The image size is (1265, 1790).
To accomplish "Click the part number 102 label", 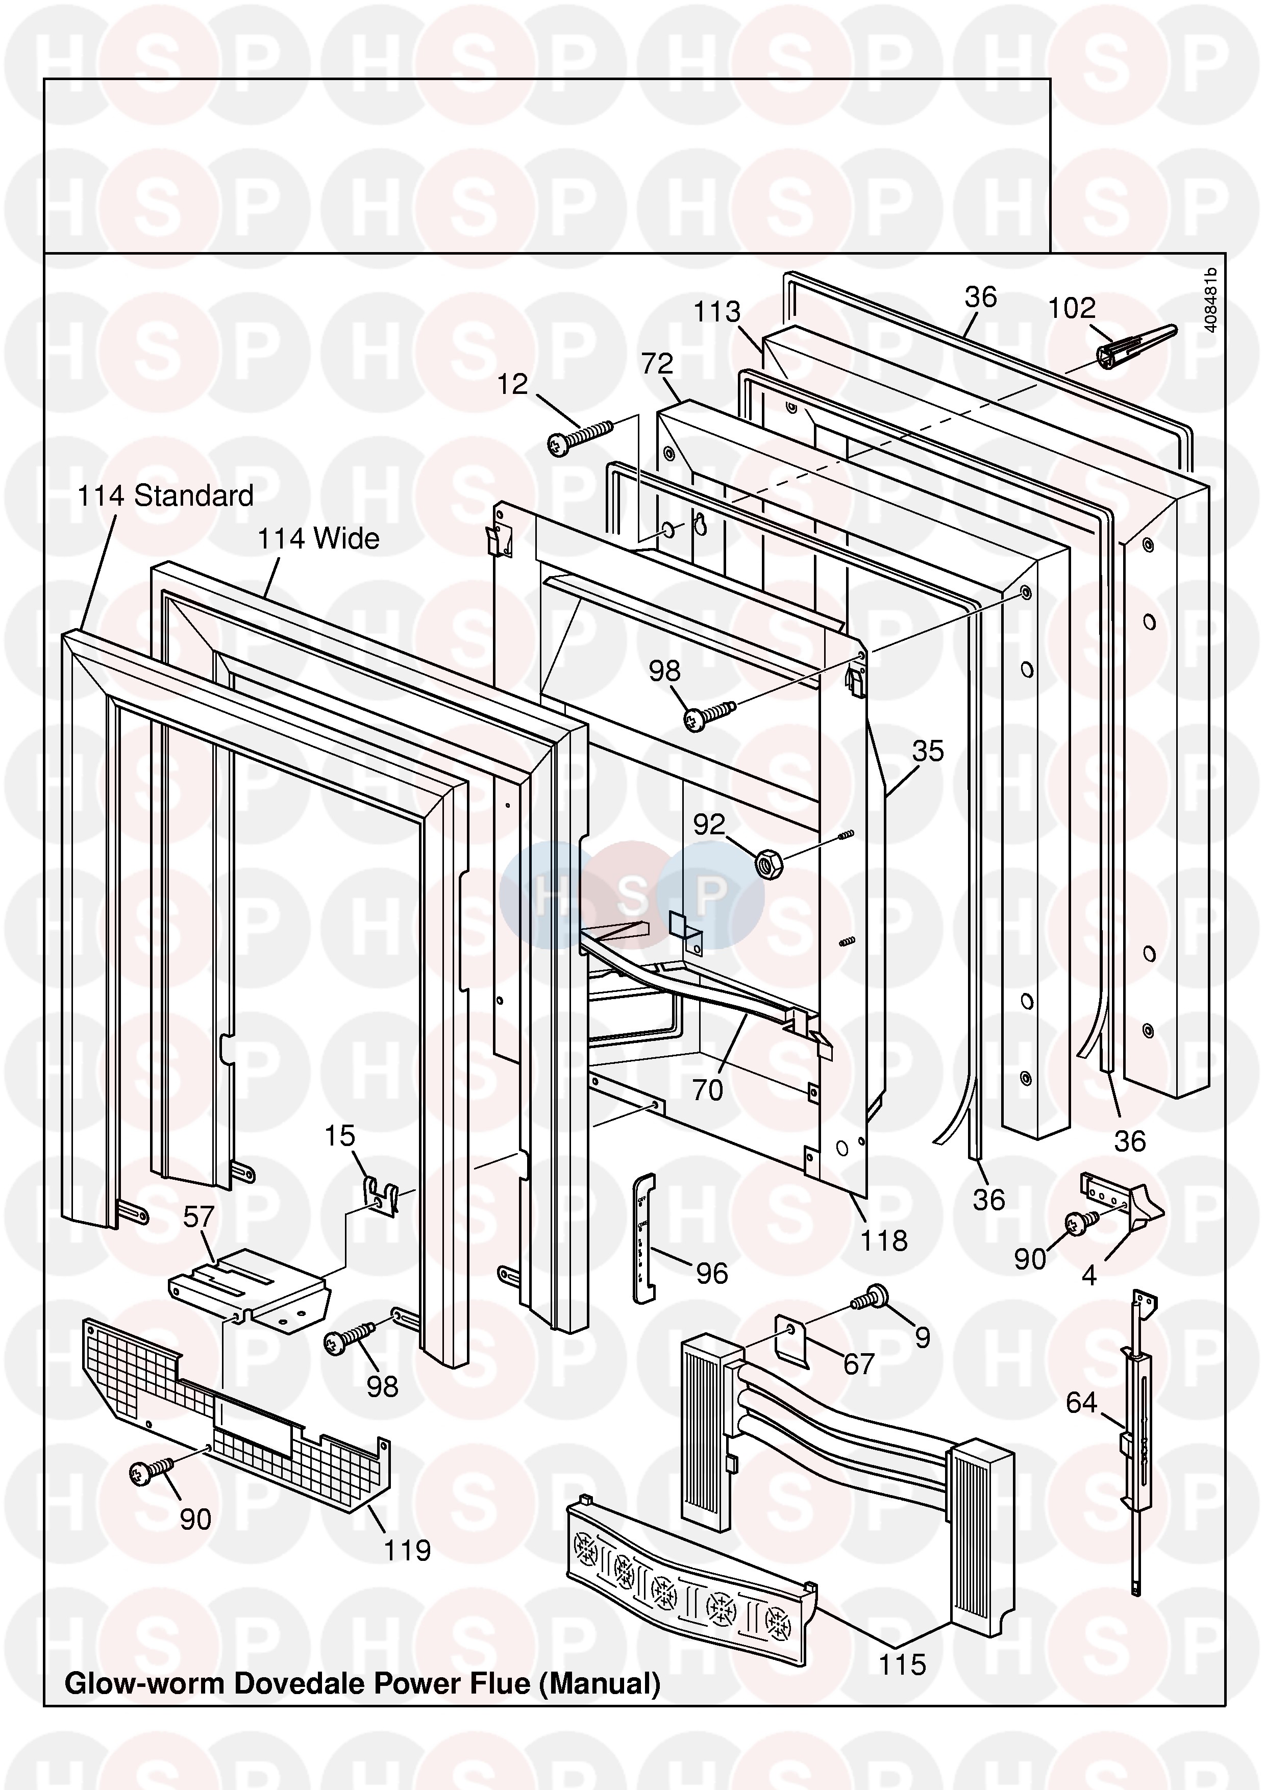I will pyautogui.click(x=1072, y=309).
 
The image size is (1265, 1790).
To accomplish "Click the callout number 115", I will pyautogui.click(x=903, y=1664).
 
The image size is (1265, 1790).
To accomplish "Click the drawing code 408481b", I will pyautogui.click(x=1210, y=300).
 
